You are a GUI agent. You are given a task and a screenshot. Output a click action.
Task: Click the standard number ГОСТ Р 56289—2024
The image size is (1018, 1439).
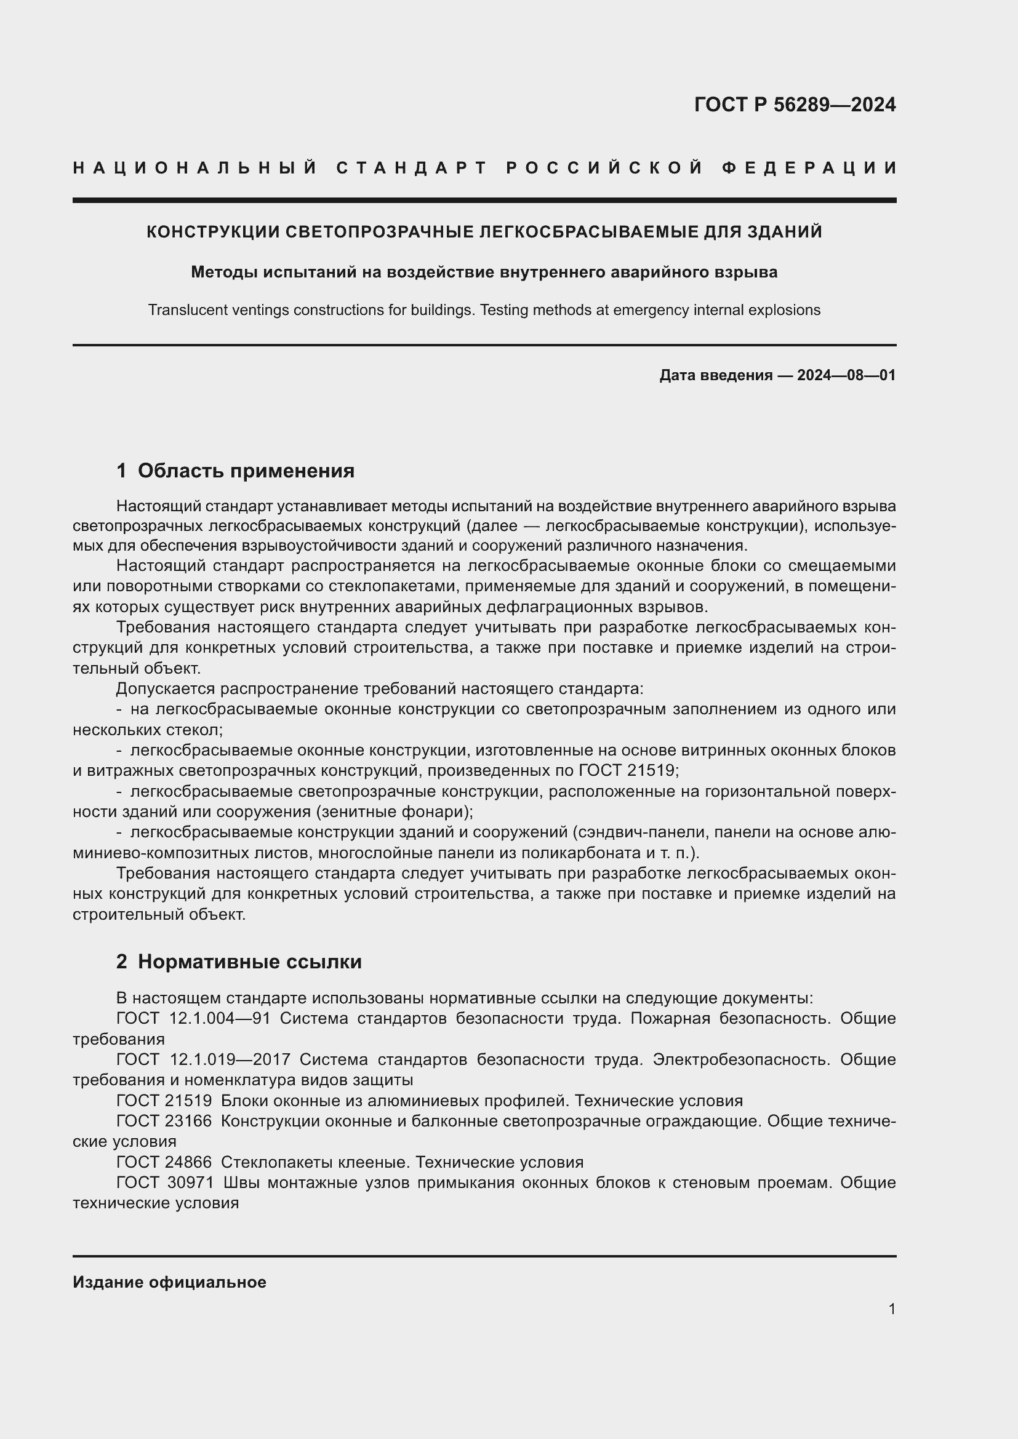[795, 105]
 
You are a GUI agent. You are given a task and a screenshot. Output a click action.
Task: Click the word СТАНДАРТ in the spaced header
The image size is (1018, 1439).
[412, 168]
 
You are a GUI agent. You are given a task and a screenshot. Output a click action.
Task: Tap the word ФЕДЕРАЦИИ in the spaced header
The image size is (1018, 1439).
[809, 168]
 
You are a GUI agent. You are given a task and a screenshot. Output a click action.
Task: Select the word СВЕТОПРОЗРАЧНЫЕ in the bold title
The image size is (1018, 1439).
[380, 232]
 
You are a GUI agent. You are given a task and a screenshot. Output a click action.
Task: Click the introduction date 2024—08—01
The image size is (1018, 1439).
[846, 375]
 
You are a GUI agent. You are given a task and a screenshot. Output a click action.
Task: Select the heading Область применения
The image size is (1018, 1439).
[246, 471]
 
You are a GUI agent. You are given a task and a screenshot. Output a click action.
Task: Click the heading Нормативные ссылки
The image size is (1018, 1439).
[249, 962]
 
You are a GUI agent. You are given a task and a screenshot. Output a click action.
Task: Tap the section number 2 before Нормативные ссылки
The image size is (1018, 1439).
[122, 962]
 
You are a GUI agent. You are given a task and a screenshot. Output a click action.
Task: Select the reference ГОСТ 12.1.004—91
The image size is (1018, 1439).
[193, 1018]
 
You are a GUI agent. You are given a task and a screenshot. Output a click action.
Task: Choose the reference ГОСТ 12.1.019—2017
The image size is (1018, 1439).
[203, 1060]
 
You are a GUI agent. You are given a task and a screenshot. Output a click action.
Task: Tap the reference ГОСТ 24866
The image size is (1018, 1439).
[164, 1163]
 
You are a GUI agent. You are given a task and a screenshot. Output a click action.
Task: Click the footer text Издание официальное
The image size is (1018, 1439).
[169, 1282]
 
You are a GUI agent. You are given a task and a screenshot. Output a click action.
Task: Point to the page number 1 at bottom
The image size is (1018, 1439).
[892, 1309]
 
